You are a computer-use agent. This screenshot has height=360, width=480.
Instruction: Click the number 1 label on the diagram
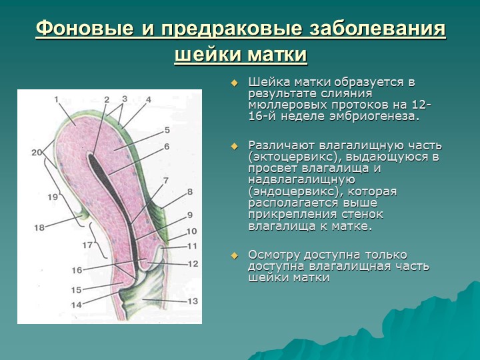pyautogui.click(x=57, y=99)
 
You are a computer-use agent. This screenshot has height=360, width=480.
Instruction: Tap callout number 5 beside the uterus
pyautogui.click(x=167, y=130)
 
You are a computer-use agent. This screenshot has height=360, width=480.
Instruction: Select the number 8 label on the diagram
pyautogui.click(x=189, y=192)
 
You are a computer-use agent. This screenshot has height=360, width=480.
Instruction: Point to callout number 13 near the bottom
pyautogui.click(x=193, y=301)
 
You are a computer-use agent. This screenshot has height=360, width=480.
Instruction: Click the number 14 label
pyautogui.click(x=77, y=305)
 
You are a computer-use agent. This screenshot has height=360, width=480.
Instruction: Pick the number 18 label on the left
pyautogui.click(x=39, y=227)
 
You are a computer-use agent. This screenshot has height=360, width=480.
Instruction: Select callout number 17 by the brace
pyautogui.click(x=87, y=245)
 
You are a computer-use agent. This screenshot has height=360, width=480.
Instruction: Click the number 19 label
pyautogui.click(x=53, y=197)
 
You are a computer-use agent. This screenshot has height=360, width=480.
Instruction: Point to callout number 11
pyautogui.click(x=193, y=246)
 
